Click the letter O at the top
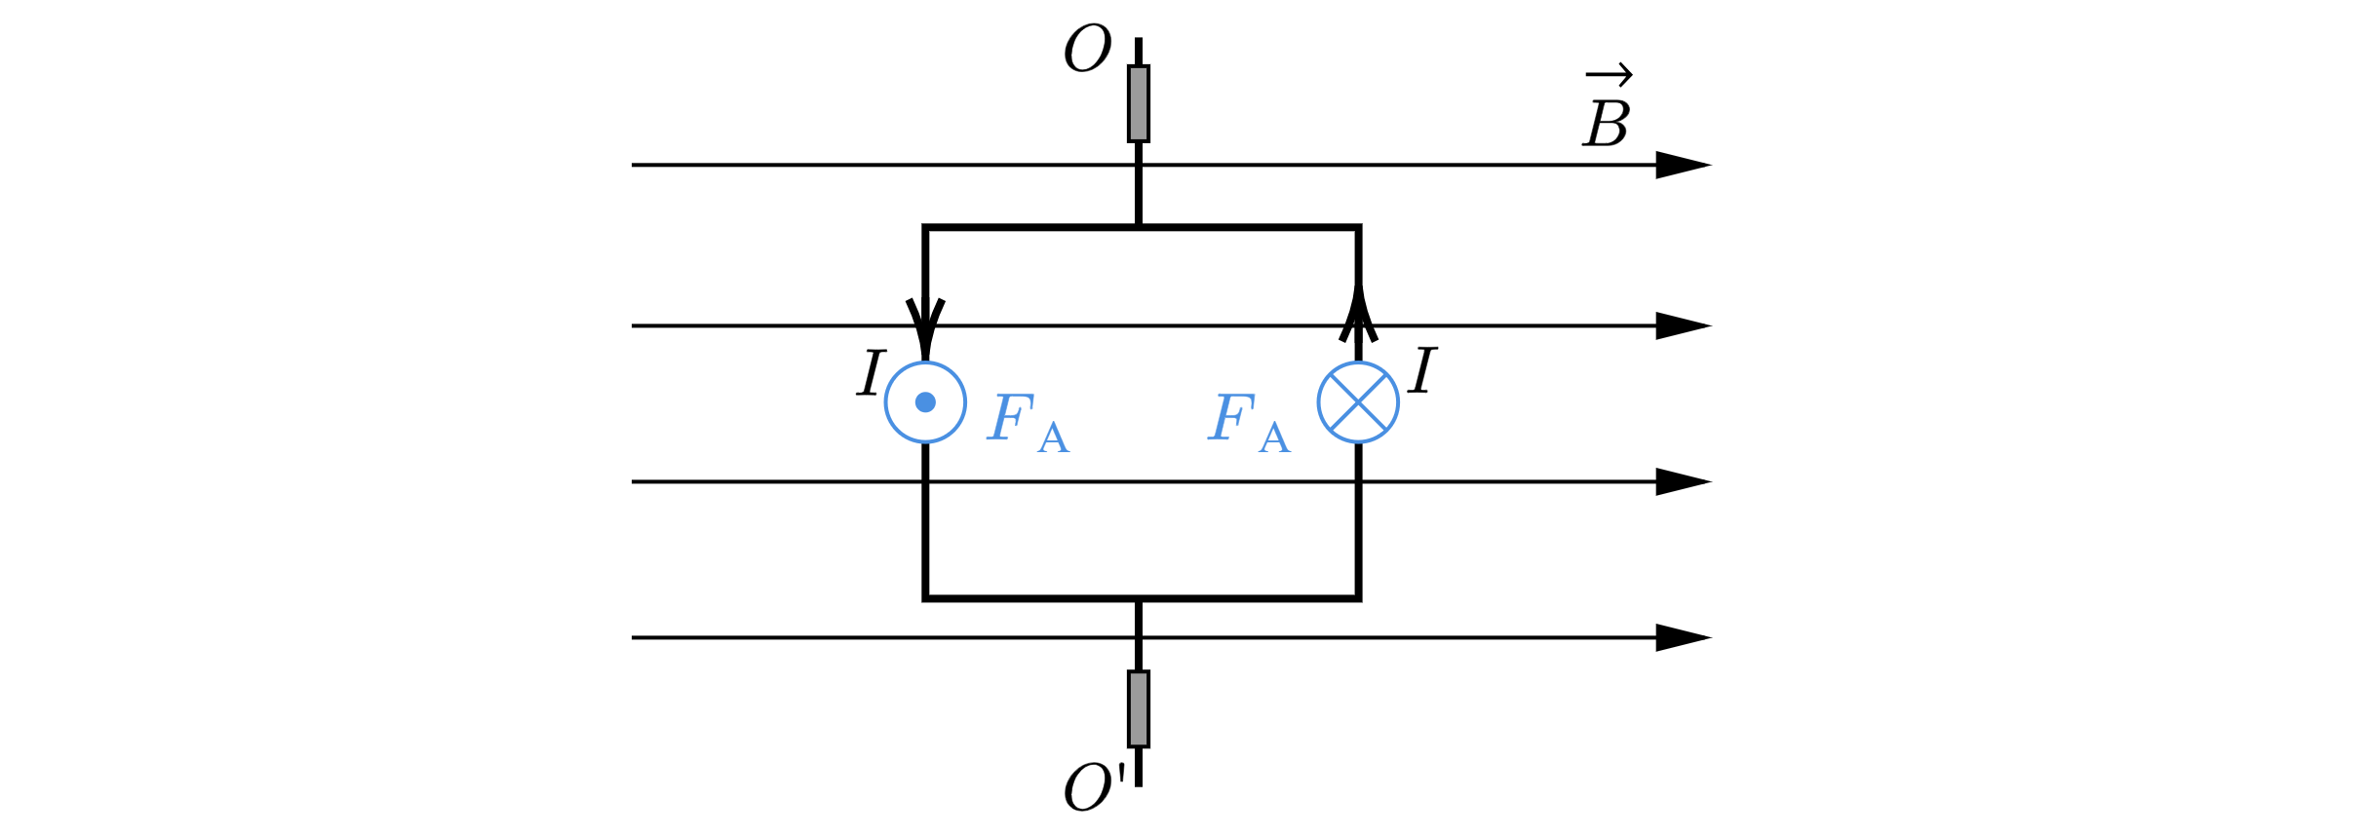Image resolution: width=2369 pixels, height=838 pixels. [x=1087, y=49]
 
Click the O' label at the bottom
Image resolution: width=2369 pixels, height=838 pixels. [x=1095, y=786]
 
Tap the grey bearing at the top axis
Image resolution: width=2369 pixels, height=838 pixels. [x=1139, y=103]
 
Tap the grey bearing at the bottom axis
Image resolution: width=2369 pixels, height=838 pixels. [x=1139, y=708]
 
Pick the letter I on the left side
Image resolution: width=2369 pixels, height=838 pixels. [x=871, y=373]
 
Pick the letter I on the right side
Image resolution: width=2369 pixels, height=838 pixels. [x=1423, y=370]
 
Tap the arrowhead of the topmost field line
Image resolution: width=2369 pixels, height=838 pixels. [x=1684, y=165]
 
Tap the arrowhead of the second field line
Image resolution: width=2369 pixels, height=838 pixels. [x=1684, y=325]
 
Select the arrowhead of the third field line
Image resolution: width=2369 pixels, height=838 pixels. [x=1684, y=481]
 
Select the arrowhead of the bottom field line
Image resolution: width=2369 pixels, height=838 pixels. [x=1684, y=637]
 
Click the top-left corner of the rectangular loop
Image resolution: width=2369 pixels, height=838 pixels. [x=925, y=228]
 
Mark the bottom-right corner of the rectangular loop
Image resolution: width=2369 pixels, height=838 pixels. [x=1358, y=598]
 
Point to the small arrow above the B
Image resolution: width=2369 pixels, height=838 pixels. [x=1609, y=74]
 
